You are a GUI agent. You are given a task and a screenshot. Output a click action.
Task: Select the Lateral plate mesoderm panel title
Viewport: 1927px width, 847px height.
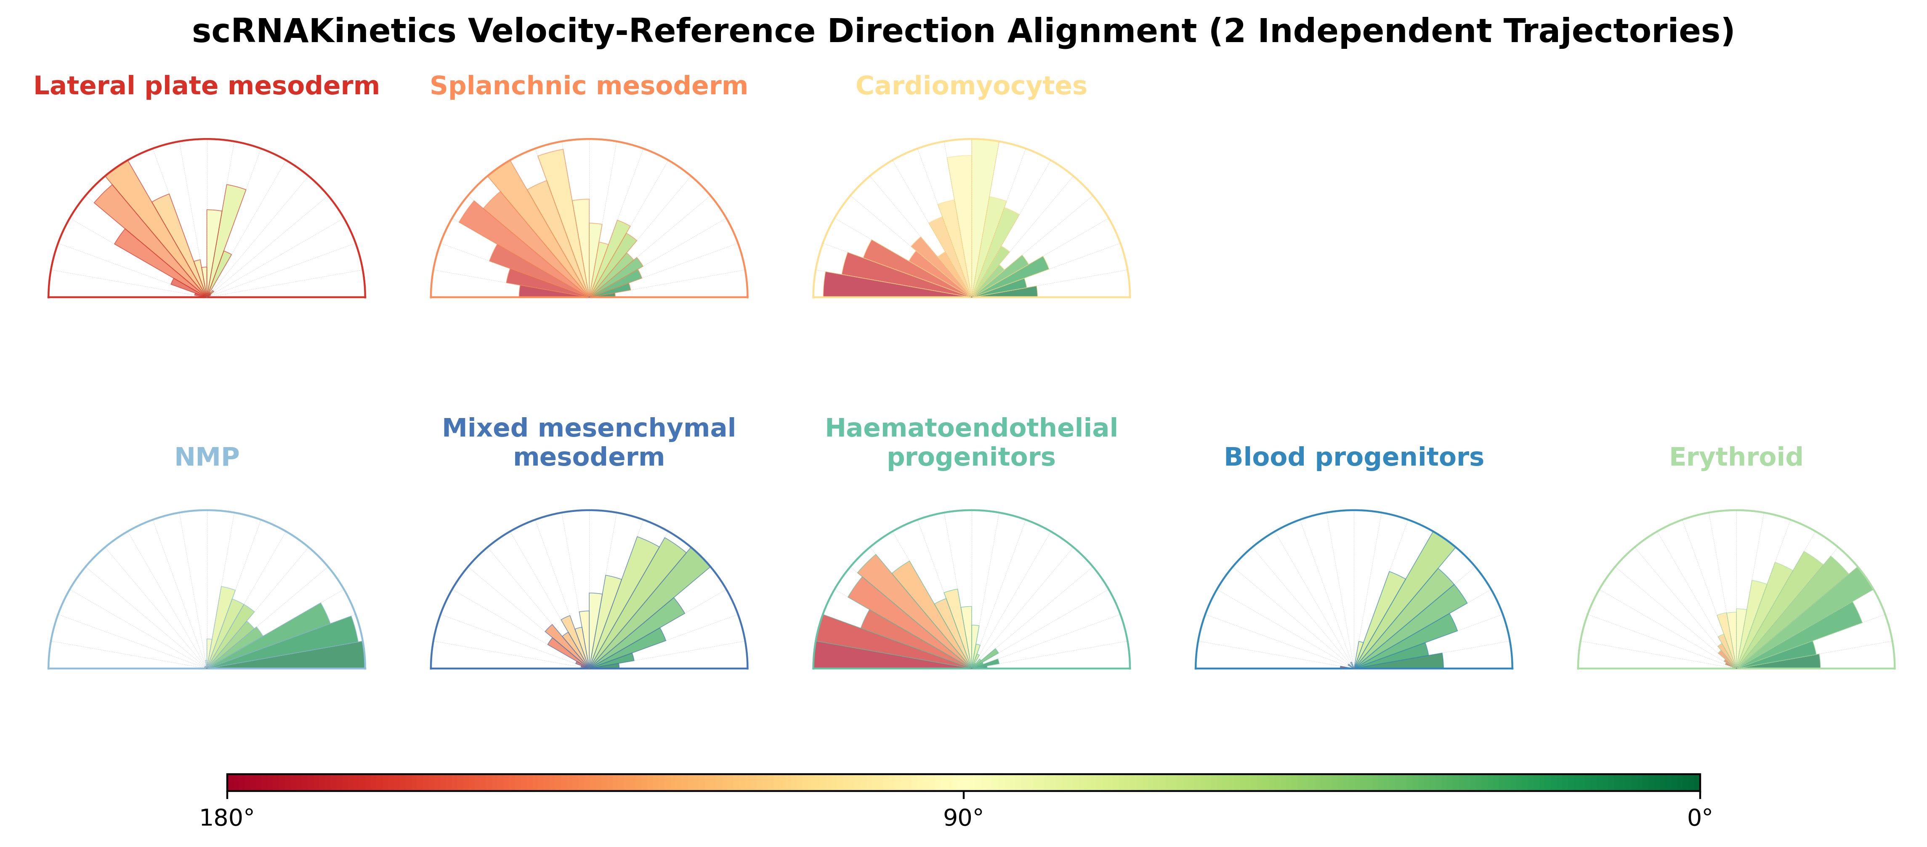(x=207, y=86)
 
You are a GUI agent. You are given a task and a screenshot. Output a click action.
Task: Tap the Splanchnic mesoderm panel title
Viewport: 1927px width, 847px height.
(x=589, y=86)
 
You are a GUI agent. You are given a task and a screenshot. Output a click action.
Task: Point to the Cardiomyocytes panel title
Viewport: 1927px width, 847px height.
(x=971, y=86)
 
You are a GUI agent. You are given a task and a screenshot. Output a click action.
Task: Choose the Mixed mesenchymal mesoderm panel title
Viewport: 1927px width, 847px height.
(x=589, y=442)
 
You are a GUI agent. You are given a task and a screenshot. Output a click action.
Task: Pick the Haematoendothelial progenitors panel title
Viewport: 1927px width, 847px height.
(x=971, y=442)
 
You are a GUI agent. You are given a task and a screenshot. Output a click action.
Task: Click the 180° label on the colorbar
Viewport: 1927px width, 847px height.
(x=227, y=818)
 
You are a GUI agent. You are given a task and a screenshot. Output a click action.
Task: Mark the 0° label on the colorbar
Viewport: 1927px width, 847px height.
(x=1700, y=818)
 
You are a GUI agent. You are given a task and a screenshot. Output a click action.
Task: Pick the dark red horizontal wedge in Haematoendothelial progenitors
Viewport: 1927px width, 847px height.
(x=868, y=657)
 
